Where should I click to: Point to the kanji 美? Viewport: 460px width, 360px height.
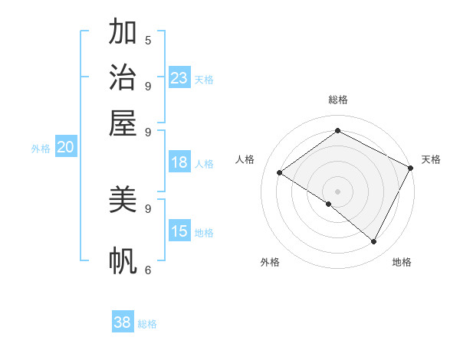tap(123, 199)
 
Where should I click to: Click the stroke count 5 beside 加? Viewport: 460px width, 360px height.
tap(148, 40)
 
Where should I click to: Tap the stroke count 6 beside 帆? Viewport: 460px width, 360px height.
tap(148, 270)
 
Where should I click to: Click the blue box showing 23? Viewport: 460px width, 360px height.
tap(179, 77)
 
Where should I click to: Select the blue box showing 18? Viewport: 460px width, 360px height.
tap(179, 162)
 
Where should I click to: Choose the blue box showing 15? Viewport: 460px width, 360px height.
tap(179, 231)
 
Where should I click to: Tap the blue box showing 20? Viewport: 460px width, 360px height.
tap(65, 148)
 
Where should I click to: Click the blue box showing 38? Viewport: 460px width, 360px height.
tap(123, 322)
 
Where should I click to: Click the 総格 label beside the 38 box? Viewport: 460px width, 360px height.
tap(147, 324)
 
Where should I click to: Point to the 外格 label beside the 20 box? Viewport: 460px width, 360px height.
tap(40, 149)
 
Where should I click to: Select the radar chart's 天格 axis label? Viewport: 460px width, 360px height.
tap(431, 159)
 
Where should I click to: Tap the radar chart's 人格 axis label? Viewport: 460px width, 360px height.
tap(245, 159)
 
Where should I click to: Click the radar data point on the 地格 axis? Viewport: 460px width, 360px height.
tap(374, 242)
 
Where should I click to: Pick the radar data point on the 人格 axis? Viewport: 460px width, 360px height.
tap(279, 172)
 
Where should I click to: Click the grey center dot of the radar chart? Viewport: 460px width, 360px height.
tap(337, 191)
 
